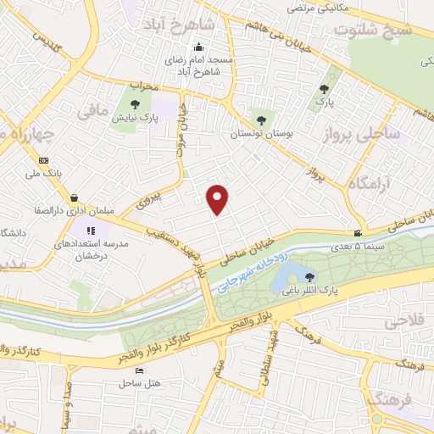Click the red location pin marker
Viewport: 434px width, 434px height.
219,198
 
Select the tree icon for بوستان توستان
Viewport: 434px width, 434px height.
260,120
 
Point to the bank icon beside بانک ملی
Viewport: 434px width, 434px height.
44,160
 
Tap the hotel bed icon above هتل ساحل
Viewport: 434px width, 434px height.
139,370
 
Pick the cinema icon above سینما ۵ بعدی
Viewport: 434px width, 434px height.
359,233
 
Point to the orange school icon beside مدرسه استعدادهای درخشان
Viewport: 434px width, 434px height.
92,230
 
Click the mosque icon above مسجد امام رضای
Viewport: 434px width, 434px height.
198,47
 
